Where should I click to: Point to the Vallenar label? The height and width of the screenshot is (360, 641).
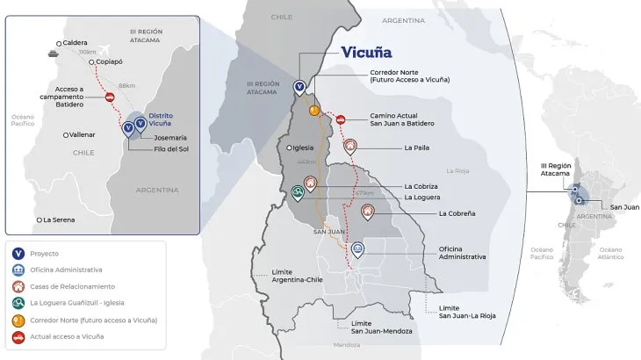click(83, 134)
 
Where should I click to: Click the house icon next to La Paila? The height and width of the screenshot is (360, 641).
click(350, 147)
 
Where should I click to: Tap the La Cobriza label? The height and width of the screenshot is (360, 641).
click(422, 186)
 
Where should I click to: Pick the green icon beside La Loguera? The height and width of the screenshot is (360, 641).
click(299, 192)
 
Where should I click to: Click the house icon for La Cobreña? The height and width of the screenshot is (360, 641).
click(367, 212)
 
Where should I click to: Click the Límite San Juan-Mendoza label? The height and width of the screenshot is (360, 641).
click(364, 325)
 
